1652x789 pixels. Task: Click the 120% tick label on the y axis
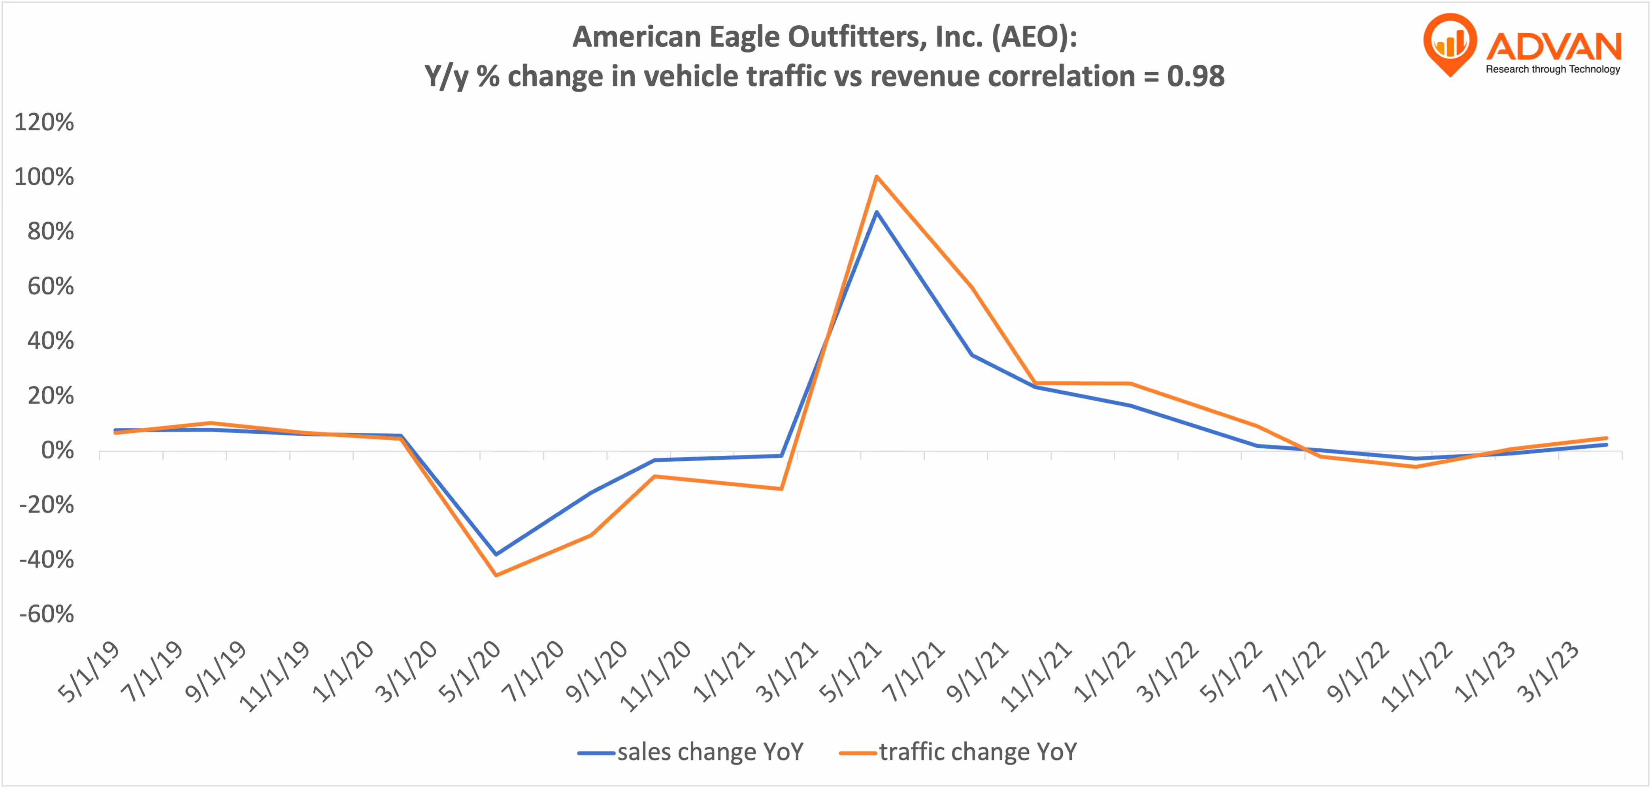(43, 122)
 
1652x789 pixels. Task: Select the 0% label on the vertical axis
(57, 451)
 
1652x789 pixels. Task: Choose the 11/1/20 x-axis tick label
(655, 676)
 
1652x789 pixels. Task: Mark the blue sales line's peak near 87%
(876, 212)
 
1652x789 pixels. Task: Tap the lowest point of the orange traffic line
(496, 575)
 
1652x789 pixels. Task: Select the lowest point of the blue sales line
(496, 554)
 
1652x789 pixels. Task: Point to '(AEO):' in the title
(1034, 37)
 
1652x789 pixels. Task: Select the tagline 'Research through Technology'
(1552, 69)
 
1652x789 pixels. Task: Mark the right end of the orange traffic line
(1607, 438)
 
